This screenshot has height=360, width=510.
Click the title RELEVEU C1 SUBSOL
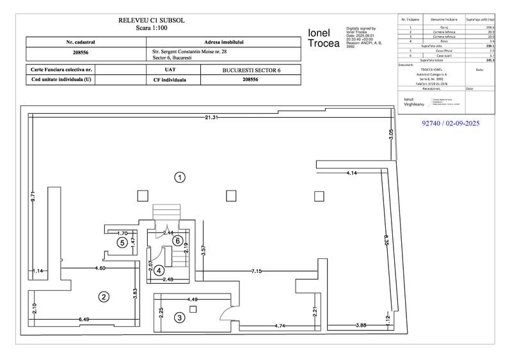tap(152, 20)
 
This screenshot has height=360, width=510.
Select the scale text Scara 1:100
tap(152, 28)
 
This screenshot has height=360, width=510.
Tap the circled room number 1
tap(181, 177)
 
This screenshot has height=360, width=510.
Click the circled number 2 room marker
tap(102, 295)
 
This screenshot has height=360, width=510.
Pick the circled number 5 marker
tap(121, 242)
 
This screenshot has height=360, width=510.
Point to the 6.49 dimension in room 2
tap(84, 318)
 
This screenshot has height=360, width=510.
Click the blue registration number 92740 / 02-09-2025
tap(451, 122)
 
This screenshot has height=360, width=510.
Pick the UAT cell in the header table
tap(170, 70)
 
